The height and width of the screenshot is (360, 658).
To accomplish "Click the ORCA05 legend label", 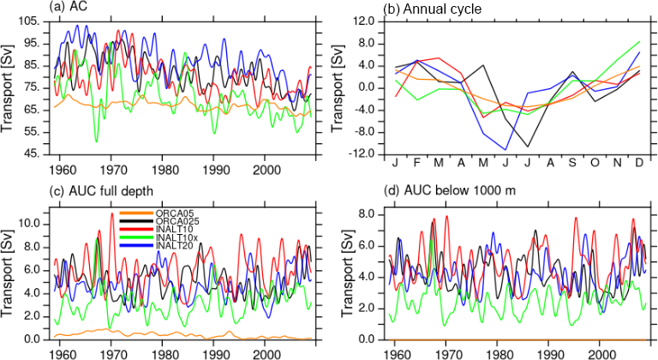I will tap(169, 213).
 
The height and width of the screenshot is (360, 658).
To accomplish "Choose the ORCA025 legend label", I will tap(171, 222).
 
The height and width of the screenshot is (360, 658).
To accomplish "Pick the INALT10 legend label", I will tap(170, 231).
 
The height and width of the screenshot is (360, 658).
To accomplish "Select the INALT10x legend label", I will tap(172, 238).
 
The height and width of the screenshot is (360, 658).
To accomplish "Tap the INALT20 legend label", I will tap(170, 247).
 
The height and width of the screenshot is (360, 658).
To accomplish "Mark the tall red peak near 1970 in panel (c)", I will tap(112, 214).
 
